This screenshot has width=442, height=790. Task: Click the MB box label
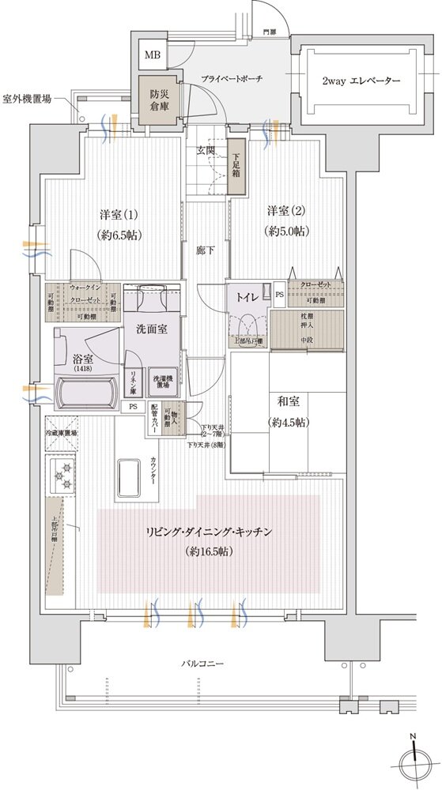(152, 55)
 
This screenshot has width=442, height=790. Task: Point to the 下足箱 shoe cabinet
(236, 166)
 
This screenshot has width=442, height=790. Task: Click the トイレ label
(244, 298)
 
